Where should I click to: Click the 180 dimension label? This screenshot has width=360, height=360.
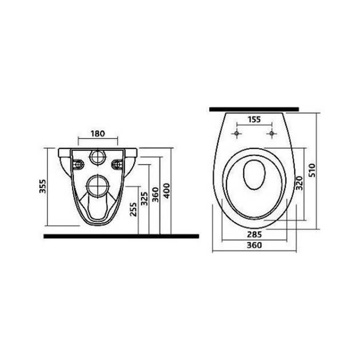click(x=98, y=134)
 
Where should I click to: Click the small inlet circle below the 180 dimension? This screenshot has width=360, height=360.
click(x=98, y=157)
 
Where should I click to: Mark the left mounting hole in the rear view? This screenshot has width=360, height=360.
click(x=78, y=165)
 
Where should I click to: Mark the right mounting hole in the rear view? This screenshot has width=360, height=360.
click(x=118, y=165)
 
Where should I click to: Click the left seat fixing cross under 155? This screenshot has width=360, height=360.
click(x=235, y=134)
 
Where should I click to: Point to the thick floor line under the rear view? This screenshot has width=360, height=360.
click(x=122, y=235)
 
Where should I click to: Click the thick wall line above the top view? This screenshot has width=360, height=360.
click(x=254, y=107)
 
